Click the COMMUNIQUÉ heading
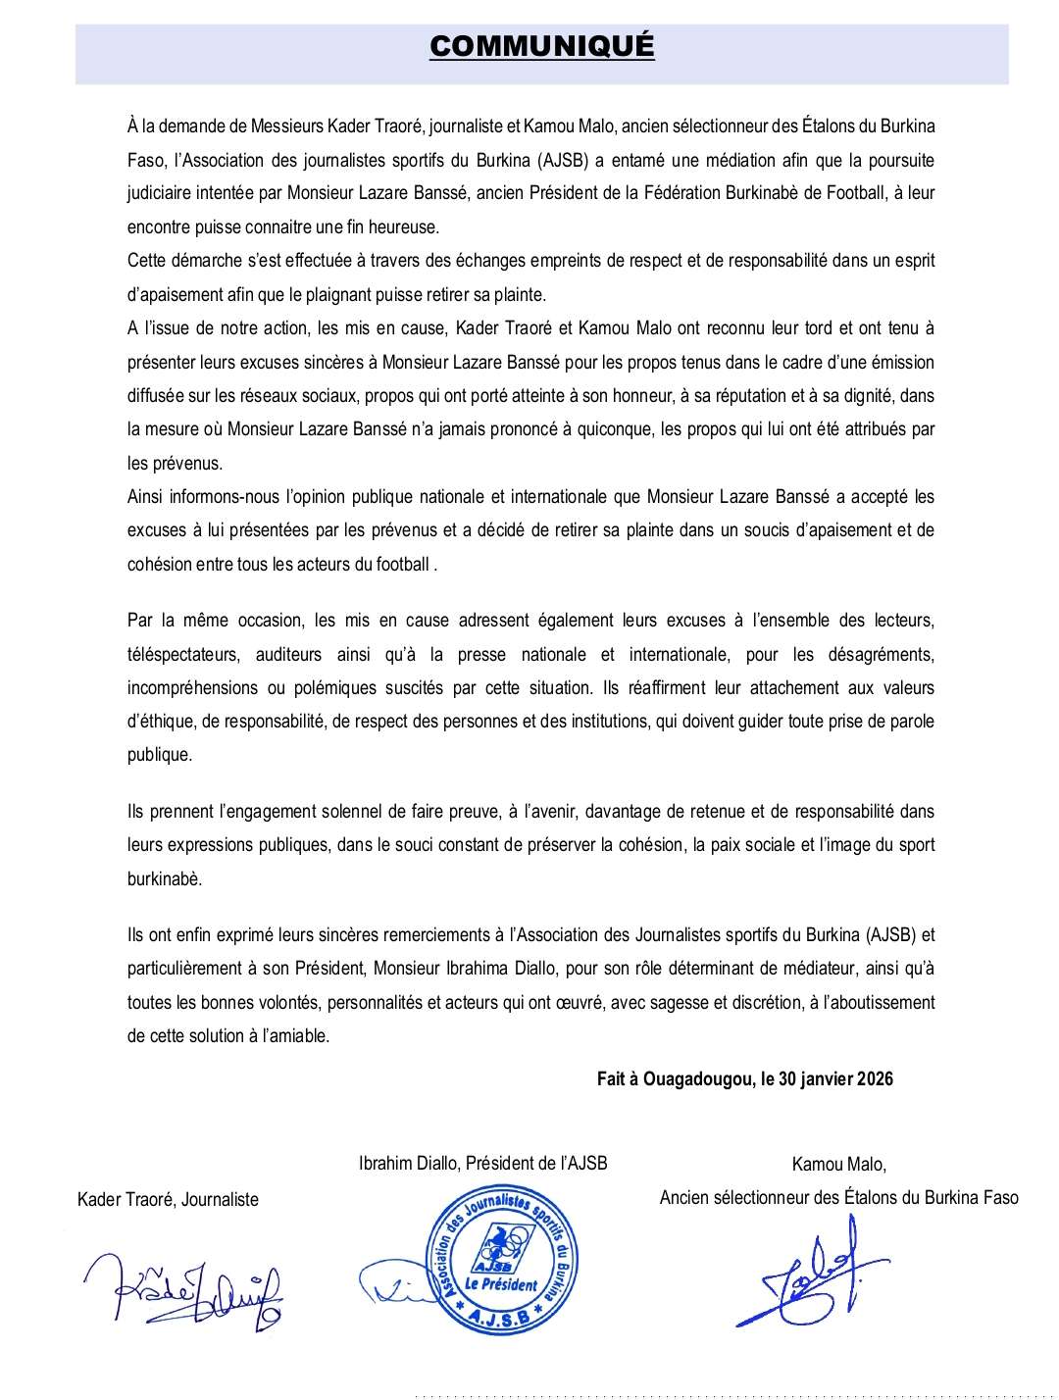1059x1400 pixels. (x=541, y=46)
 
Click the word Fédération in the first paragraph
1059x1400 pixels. (x=682, y=193)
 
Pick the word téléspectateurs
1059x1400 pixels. (x=183, y=655)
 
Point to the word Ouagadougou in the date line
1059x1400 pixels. (x=699, y=1079)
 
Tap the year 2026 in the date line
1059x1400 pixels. (x=875, y=1079)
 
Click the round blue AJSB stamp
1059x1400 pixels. (x=502, y=1261)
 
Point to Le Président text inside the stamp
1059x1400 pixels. (x=501, y=1283)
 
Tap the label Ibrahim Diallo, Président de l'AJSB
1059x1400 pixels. (x=482, y=1164)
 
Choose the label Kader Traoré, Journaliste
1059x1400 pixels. (x=168, y=1200)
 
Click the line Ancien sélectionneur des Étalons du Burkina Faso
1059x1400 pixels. (x=838, y=1198)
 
